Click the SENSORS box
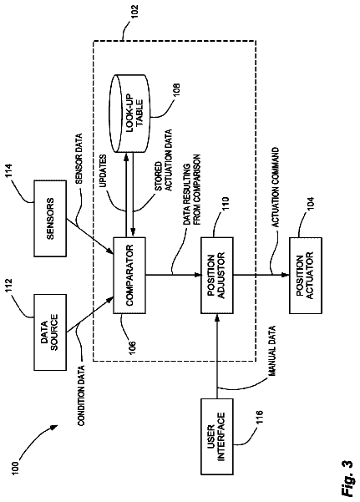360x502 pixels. point(50,218)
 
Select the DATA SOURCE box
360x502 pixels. point(50,332)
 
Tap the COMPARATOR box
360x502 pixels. point(129,276)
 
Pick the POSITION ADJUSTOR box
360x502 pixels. point(217,276)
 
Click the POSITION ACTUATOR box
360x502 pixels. point(306,276)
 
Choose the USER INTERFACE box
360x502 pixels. point(217,436)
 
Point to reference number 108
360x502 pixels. point(177,90)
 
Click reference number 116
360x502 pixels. point(259,417)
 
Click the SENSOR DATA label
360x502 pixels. point(79,159)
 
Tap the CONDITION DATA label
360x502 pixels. point(81,396)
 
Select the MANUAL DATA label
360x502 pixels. point(271,351)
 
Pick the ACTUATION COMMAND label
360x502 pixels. point(275,187)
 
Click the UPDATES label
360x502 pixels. point(103,171)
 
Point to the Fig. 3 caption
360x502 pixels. point(347,478)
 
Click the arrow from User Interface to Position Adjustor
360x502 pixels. point(217,356)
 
